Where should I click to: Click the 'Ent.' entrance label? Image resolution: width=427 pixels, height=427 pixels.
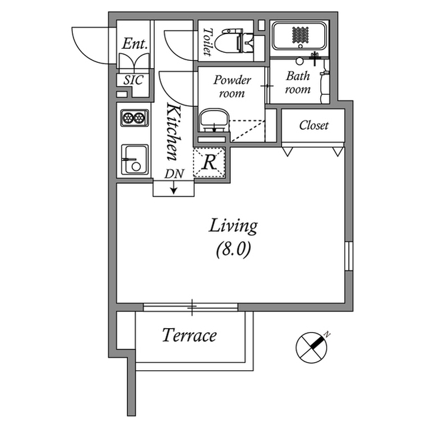pos(134,44)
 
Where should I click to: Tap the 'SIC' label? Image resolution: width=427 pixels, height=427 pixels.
pos(133,80)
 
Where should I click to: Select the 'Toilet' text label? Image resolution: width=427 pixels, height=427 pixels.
pos(207,41)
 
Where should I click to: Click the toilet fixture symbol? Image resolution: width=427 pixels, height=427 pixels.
pos(236,39)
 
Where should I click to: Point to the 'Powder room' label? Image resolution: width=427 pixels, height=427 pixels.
pos(232,87)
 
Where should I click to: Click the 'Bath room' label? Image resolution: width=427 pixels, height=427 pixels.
pos(298,82)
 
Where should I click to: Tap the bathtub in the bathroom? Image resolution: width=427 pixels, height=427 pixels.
pos(299,35)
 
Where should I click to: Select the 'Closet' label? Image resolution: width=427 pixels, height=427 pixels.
pos(313,125)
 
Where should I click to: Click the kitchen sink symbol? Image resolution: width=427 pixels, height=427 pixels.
pos(134,159)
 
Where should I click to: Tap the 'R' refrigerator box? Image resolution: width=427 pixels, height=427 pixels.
pos(209,161)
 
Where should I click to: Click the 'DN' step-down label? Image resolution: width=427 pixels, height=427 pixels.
pos(173,174)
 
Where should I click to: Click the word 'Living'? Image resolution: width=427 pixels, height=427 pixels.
pos(233,226)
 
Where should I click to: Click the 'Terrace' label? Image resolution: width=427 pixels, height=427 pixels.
pos(189,335)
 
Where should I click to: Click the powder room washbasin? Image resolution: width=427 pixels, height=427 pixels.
pos(213,121)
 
